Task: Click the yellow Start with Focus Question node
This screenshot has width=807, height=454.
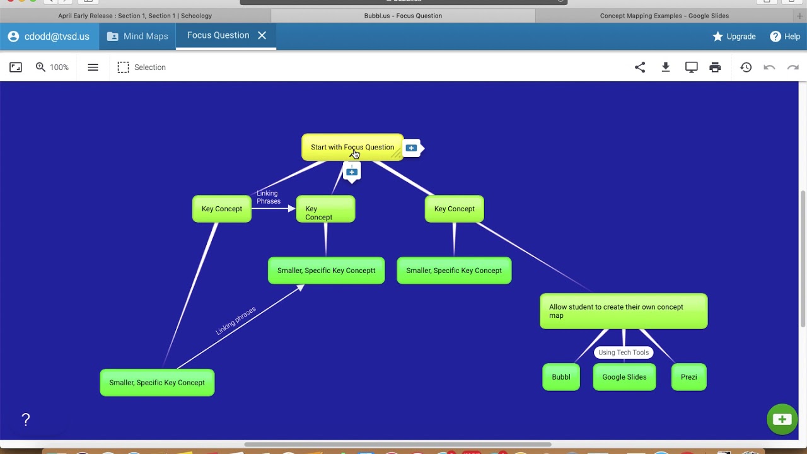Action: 352,147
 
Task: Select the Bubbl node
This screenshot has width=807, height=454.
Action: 561,377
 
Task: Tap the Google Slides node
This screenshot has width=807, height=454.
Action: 624,377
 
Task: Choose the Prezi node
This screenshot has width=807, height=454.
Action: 688,377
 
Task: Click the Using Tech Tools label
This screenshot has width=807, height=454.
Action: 623,352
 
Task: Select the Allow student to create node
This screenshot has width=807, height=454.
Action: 623,311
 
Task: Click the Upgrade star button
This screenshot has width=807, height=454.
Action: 734,37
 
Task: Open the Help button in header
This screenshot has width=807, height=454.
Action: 785,37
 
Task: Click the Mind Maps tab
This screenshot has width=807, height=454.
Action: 137,37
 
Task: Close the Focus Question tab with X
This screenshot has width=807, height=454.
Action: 262,35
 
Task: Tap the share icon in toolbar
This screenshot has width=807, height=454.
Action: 640,67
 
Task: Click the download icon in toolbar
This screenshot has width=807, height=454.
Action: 665,67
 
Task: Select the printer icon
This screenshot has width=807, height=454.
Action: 715,67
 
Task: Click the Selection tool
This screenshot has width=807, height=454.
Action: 142,67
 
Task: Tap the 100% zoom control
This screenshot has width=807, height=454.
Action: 52,67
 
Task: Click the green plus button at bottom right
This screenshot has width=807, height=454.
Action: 782,419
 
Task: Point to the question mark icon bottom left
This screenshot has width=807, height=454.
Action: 26,420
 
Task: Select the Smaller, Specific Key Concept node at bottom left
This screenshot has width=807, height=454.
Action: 157,383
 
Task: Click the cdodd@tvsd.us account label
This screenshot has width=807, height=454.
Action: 49,37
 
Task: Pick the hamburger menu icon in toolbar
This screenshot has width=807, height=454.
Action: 93,67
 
